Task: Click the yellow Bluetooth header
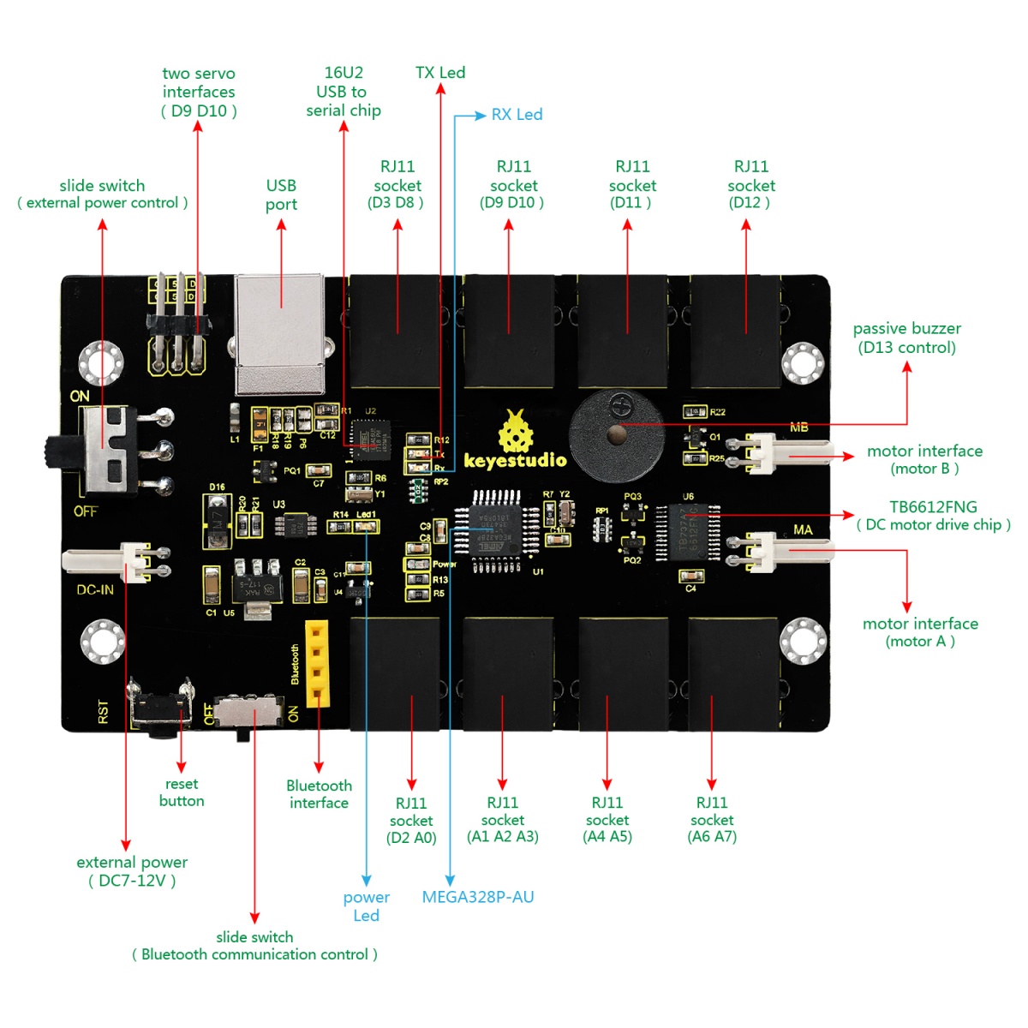click(x=317, y=663)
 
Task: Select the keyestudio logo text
click(x=515, y=460)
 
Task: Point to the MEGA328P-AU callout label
click(x=478, y=897)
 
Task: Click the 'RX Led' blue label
click(x=517, y=115)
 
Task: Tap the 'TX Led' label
click(x=440, y=73)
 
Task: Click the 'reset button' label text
click(x=182, y=792)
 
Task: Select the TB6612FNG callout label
click(x=933, y=516)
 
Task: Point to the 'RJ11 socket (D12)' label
click(x=750, y=184)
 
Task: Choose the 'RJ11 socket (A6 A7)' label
click(x=712, y=820)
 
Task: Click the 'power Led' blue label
click(x=366, y=906)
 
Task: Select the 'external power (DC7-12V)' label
click(x=132, y=871)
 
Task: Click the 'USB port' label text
click(x=281, y=194)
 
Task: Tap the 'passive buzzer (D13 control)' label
click(x=907, y=338)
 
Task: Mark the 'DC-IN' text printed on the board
click(x=95, y=589)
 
